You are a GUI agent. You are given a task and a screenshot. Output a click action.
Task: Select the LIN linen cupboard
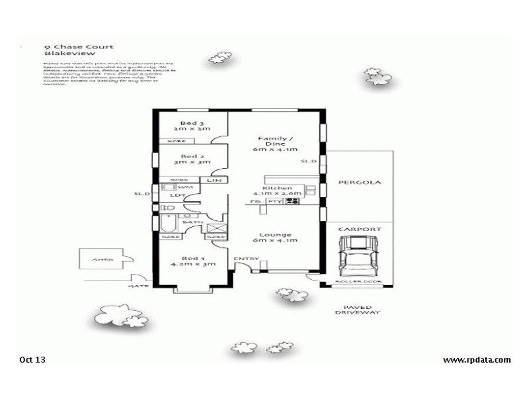[213, 181]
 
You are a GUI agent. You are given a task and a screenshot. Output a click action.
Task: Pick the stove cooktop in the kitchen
[293, 200]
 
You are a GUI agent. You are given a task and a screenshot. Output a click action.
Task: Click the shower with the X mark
[216, 231]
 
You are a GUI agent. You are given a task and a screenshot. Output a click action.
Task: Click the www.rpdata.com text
[476, 360]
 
